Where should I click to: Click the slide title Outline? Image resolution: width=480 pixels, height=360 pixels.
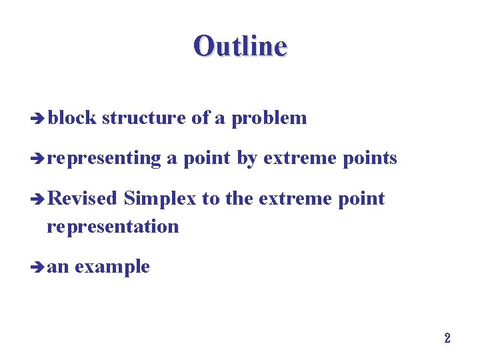tap(240, 47)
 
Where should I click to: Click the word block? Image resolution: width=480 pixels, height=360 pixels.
tap(72, 118)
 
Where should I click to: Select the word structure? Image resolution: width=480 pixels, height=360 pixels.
tap(144, 118)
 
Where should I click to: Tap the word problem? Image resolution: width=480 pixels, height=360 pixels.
tap(269, 119)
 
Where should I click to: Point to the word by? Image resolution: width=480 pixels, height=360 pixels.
tap(247, 159)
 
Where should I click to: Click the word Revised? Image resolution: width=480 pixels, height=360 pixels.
tap(83, 199)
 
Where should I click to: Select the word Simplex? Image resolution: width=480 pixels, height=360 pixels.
tap(161, 199)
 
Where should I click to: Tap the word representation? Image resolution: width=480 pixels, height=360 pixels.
tap(113, 227)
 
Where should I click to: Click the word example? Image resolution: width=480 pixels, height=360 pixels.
tap(112, 267)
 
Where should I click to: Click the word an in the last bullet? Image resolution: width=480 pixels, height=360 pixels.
tap(59, 267)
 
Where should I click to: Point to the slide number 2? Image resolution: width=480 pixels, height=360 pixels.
tap(447, 338)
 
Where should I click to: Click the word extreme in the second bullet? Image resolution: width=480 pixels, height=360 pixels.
tap(295, 159)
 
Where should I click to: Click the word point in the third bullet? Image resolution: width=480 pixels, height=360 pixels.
tap(360, 199)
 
